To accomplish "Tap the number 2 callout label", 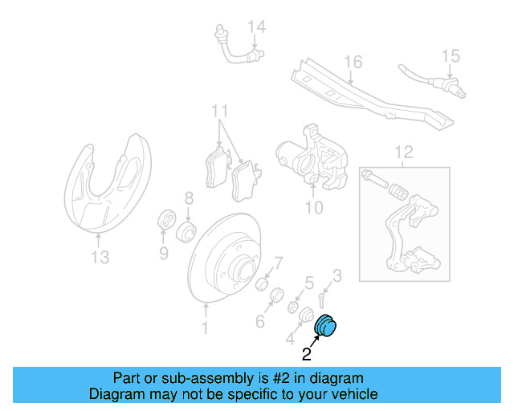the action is click(x=307, y=352).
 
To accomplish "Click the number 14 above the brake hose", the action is click(x=255, y=28).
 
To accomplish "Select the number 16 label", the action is click(x=353, y=62).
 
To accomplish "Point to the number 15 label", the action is click(x=451, y=56).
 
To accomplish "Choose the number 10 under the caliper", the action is click(x=313, y=208).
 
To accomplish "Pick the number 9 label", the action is click(x=163, y=254).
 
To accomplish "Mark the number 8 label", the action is click(x=189, y=197).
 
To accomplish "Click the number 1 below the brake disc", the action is click(x=204, y=328).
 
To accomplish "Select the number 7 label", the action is click(x=278, y=262).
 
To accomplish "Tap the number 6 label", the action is click(x=260, y=322).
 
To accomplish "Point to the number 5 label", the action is click(x=308, y=282).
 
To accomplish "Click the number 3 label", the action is click(x=337, y=275).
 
